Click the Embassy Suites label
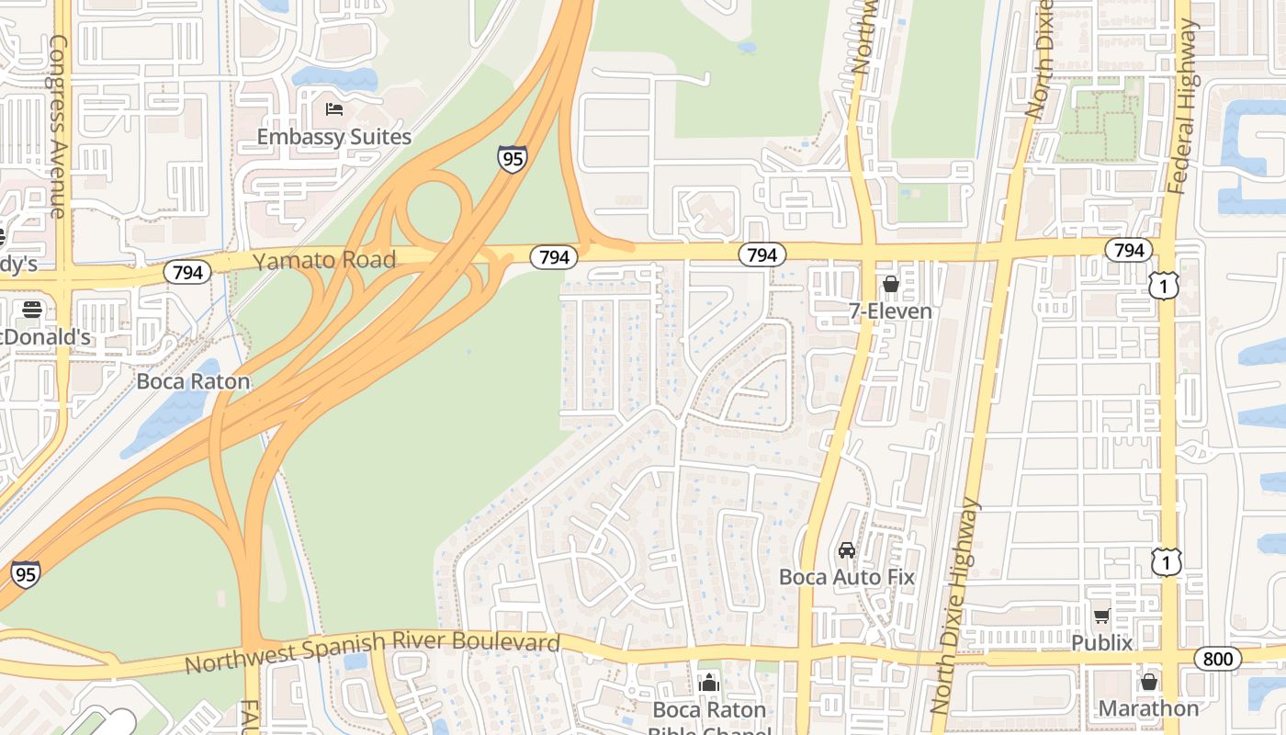(333, 137)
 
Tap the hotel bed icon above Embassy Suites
(334, 109)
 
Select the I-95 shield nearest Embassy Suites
(513, 159)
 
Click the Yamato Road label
(324, 260)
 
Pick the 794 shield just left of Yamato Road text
(187, 272)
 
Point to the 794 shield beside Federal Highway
(1129, 250)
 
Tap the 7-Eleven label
(890, 311)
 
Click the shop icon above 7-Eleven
(890, 285)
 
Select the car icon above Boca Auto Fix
(847, 550)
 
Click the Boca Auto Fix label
(847, 577)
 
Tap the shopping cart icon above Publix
(1101, 616)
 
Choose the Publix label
(1101, 641)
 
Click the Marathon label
(1148, 708)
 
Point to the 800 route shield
(1217, 658)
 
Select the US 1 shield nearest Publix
(1167, 561)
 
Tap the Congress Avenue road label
(59, 127)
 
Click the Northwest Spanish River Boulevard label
(372, 651)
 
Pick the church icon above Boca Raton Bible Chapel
(708, 683)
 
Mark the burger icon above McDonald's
(32, 310)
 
